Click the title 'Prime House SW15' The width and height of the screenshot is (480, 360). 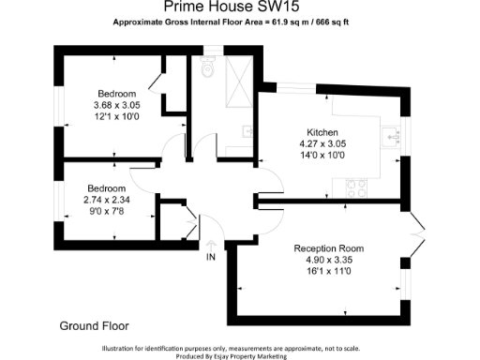click(x=239, y=7)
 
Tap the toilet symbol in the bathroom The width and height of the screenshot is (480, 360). click(x=208, y=69)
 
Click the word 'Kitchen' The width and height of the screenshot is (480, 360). click(x=322, y=132)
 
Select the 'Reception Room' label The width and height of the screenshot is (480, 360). click(x=328, y=248)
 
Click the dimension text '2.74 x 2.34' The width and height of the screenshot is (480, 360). click(x=108, y=199)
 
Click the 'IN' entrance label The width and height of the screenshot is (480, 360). click(x=211, y=257)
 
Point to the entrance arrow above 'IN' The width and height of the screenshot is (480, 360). click(x=211, y=243)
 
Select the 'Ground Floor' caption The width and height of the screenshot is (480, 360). click(x=94, y=325)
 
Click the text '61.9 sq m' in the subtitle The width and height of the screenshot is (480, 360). click(x=289, y=21)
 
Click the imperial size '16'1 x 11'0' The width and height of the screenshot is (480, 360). click(x=328, y=271)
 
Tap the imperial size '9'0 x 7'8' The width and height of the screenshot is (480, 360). click(x=108, y=210)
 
